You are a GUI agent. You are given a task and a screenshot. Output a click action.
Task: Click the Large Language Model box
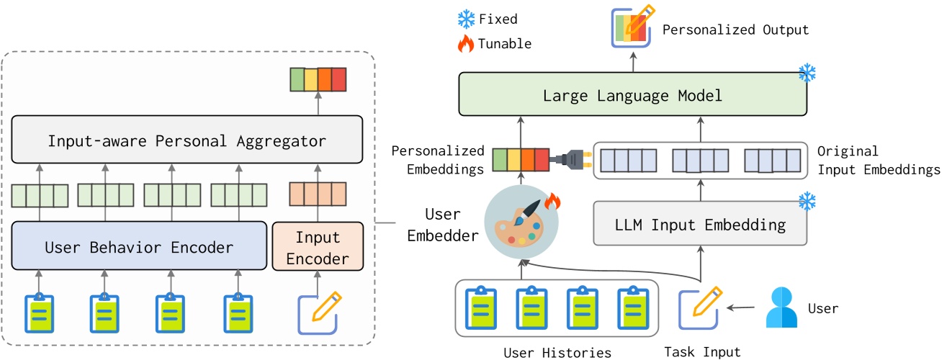[633, 95]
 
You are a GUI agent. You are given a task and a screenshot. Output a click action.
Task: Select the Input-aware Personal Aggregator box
[187, 140]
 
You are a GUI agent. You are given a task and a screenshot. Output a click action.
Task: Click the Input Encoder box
[317, 247]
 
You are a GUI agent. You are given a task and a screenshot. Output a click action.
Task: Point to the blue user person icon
[781, 307]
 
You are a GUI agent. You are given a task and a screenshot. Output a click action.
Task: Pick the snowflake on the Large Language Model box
[808, 73]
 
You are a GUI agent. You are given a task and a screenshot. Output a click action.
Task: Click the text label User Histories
[558, 352]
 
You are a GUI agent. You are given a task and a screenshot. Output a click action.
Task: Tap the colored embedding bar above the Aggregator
[318, 78]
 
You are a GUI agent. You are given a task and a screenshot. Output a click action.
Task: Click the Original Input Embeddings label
[878, 161]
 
